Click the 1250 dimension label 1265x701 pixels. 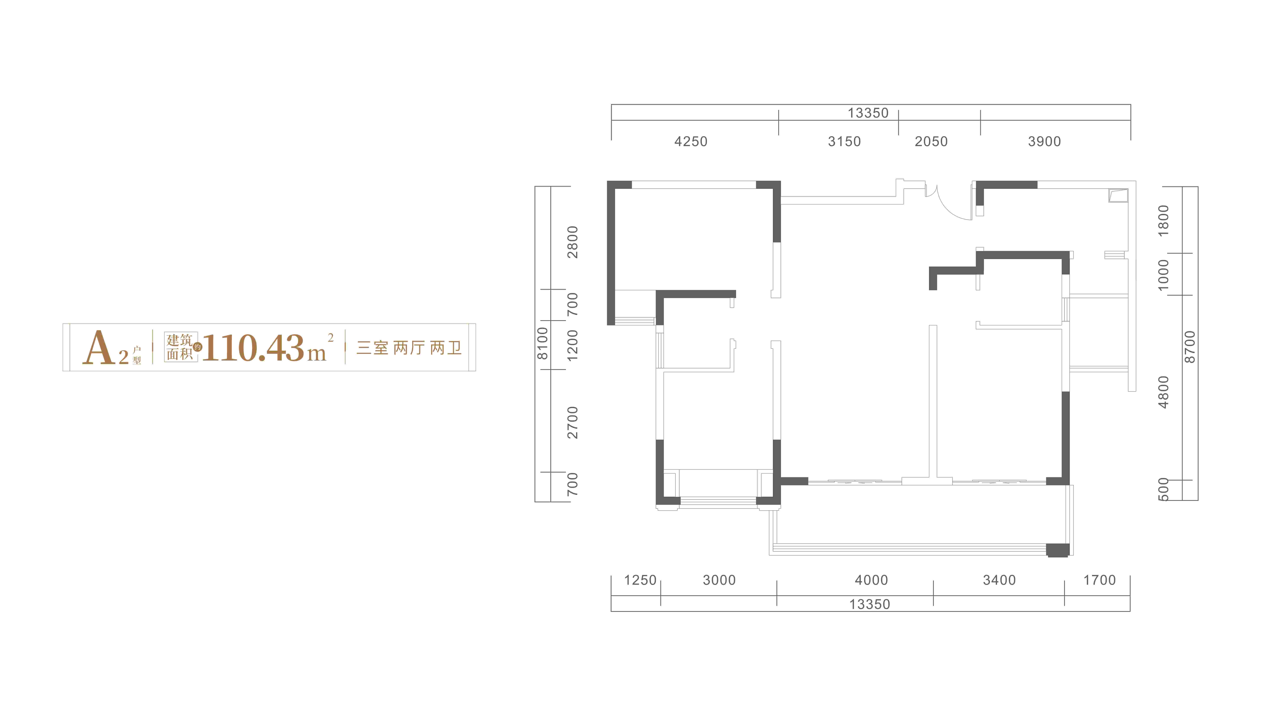[640, 580]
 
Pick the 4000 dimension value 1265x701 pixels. [871, 580]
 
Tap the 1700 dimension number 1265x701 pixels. [1100, 580]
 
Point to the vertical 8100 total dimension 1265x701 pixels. [542, 344]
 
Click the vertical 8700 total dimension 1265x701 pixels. [1189, 347]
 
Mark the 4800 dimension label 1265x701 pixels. [1163, 392]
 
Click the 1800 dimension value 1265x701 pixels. [1163, 220]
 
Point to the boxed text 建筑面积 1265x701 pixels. [180, 347]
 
